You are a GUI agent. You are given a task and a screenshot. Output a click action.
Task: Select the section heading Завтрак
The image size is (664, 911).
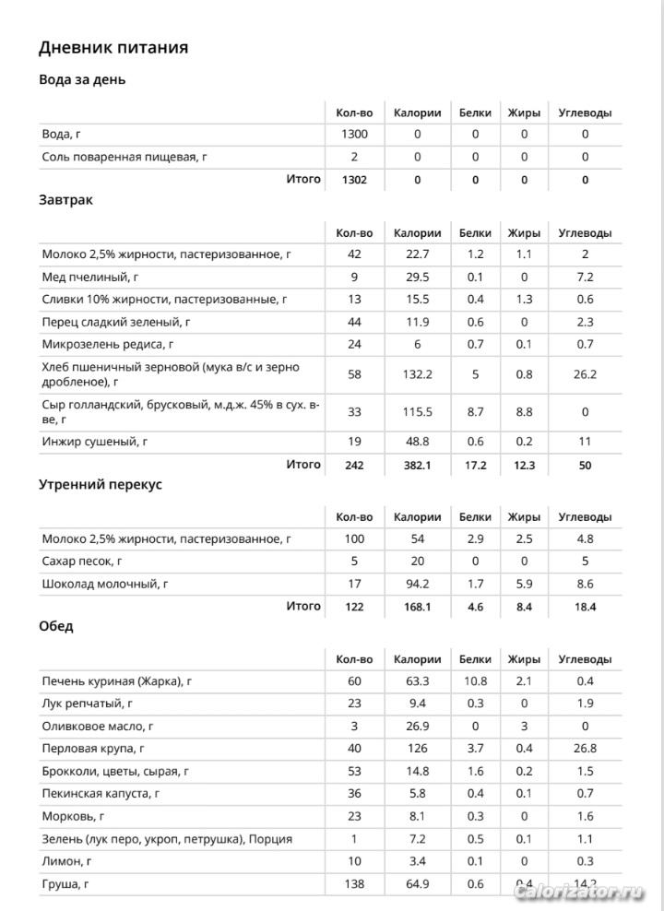tap(65, 199)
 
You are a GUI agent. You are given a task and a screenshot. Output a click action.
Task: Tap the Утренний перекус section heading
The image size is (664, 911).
tap(101, 484)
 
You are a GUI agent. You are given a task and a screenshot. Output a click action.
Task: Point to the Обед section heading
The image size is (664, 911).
tap(56, 626)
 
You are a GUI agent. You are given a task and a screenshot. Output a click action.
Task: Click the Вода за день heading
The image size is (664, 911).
tap(82, 79)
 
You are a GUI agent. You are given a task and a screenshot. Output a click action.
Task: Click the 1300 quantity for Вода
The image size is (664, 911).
tap(354, 135)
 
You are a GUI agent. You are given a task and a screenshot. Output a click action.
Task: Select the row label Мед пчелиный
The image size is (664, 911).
tap(90, 277)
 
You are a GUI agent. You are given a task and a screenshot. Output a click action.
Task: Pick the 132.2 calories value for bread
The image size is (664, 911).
tap(417, 374)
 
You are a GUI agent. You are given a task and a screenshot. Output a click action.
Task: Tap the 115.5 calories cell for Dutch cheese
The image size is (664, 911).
tap(417, 412)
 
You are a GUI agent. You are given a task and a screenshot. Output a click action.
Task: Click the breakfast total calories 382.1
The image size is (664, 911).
tap(417, 466)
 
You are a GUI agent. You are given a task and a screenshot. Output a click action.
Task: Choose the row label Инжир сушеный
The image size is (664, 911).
tap(95, 442)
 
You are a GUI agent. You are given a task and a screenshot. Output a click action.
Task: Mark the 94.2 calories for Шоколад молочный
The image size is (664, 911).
tap(417, 584)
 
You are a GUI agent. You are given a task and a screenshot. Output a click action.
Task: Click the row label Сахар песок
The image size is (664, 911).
tap(82, 562)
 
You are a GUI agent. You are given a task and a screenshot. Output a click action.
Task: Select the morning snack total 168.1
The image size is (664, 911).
tap(417, 607)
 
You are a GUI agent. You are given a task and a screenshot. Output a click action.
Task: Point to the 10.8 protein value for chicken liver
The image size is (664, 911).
tap(475, 681)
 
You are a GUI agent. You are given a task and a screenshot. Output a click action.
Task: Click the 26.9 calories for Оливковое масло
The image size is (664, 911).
tap(417, 726)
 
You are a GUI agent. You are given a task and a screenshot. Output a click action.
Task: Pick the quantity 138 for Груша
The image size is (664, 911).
tap(354, 884)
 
